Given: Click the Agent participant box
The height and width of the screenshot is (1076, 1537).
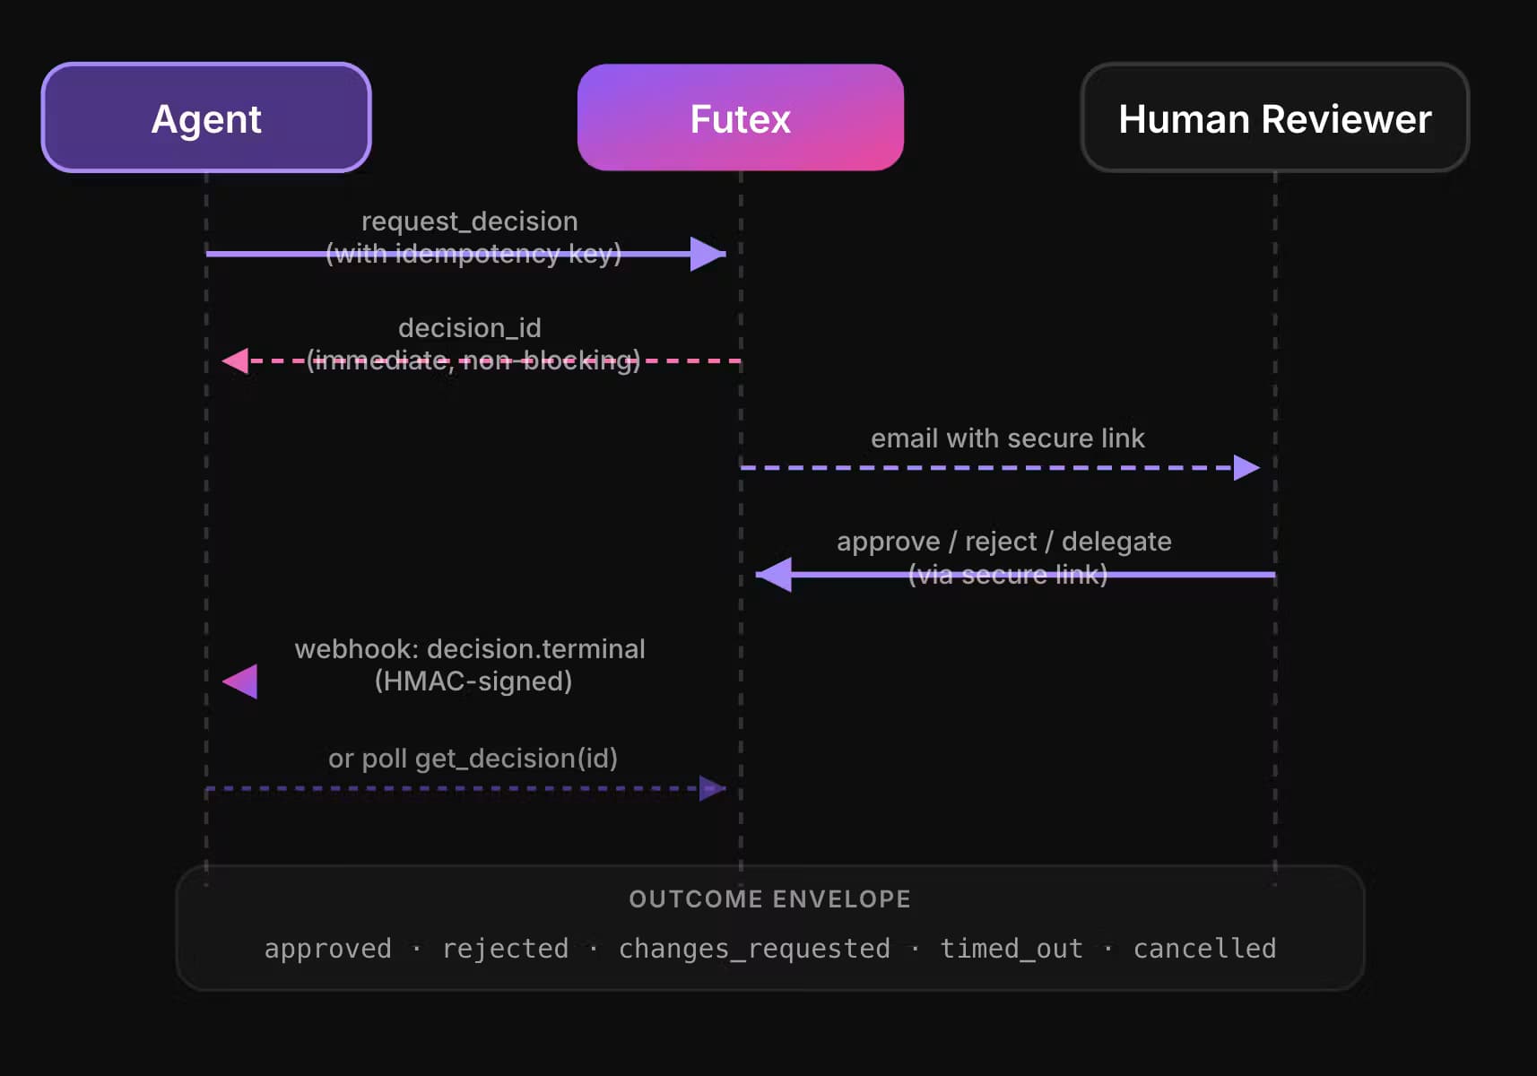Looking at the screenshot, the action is (206, 117).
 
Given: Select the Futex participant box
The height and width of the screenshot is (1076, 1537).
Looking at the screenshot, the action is (741, 117).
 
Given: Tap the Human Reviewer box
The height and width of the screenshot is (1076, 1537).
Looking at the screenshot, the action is (1275, 117).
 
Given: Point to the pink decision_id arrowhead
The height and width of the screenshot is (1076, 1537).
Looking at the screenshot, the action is (235, 360).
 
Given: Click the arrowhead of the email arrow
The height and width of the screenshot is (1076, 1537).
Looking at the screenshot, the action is (1246, 467).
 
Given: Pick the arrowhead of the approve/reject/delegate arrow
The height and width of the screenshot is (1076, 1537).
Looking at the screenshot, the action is (773, 575).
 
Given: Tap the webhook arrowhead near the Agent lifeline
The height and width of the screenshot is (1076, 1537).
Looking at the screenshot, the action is (240, 681).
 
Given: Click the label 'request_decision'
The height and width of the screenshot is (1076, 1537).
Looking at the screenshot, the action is (469, 221).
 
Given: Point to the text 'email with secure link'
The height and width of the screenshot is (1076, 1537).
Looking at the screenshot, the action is (1007, 438).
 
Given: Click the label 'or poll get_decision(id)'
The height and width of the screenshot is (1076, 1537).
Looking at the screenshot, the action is (473, 759).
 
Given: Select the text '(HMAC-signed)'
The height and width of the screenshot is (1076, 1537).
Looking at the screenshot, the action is (473, 681).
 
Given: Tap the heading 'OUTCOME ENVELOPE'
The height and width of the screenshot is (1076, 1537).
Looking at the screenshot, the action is (770, 898).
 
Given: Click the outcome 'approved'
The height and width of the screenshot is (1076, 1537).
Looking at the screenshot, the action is (328, 949).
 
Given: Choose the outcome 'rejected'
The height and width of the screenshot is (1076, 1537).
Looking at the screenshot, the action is (506, 949).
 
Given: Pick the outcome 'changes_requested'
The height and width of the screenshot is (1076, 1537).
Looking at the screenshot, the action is (754, 949).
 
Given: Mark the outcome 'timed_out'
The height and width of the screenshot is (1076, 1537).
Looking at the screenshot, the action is (1012, 949).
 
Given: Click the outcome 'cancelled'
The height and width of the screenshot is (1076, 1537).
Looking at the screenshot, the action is (1204, 949).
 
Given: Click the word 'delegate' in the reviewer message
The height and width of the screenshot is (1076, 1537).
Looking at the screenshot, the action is (1116, 542).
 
